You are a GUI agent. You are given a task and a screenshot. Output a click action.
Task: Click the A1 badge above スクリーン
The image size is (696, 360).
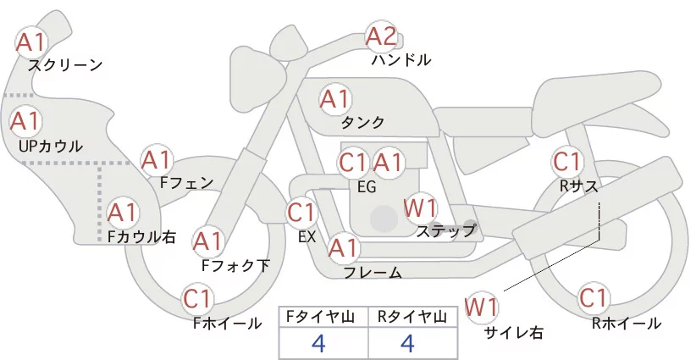(32, 41)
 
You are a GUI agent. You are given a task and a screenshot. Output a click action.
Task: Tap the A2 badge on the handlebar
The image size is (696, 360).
(380, 36)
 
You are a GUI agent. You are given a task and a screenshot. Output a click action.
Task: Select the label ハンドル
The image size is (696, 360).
(401, 60)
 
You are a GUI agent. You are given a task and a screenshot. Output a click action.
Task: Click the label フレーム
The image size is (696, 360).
(373, 273)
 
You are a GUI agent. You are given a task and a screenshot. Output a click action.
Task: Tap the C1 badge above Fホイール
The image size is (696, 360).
(199, 299)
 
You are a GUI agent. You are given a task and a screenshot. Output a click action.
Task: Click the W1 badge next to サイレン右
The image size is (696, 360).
(483, 306)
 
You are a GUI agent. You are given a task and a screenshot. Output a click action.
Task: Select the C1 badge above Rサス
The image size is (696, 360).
(566, 160)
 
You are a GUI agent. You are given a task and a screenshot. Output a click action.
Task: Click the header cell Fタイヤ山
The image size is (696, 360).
(323, 317)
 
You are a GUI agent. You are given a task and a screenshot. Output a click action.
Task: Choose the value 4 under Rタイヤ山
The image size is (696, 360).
(410, 343)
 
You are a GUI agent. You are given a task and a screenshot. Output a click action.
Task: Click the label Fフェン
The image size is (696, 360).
(187, 181)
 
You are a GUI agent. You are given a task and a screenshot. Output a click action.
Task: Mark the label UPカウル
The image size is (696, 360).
(51, 146)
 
